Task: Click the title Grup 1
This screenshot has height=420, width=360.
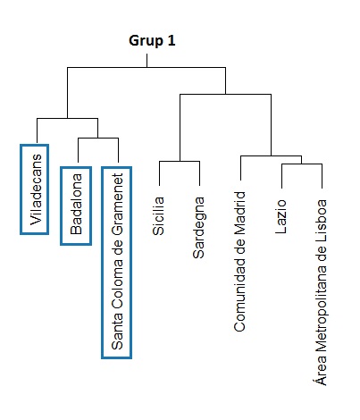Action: [152, 41]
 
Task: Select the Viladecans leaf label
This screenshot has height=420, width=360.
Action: [36, 189]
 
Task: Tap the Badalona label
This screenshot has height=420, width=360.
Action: [76, 204]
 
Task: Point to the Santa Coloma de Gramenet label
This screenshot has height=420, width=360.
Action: [117, 261]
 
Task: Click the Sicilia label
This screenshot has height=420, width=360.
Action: [158, 216]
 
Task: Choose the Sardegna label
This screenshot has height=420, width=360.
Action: [198, 227]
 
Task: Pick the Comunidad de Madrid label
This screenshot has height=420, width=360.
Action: [239, 262]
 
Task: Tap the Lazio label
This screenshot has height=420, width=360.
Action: [280, 216]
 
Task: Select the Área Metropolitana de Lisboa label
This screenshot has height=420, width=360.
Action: [321, 292]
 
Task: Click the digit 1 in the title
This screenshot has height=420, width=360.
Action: [172, 41]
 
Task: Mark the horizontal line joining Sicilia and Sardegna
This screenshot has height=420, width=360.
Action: [180, 162]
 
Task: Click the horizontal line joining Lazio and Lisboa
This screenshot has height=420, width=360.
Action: [302, 164]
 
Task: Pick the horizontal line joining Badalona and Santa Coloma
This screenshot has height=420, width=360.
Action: [98, 138]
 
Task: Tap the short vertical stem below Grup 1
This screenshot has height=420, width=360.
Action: [147, 61]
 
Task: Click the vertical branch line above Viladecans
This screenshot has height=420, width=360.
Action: [37, 130]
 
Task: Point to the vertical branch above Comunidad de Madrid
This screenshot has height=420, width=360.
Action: [240, 168]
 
